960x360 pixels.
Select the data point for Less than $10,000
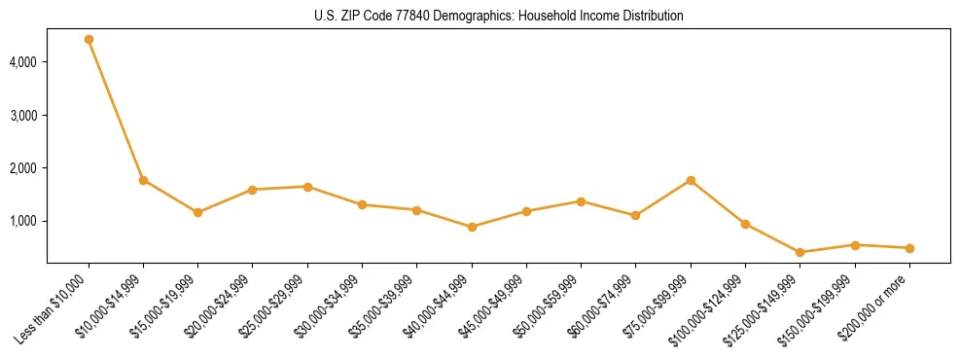click(x=89, y=40)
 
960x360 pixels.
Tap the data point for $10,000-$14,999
click(x=143, y=180)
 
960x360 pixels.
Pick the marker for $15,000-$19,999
click(x=197, y=212)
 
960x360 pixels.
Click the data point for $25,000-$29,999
click(x=307, y=187)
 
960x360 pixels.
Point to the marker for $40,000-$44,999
click(x=472, y=227)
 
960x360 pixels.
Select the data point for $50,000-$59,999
click(x=581, y=201)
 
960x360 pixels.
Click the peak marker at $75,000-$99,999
click(x=691, y=180)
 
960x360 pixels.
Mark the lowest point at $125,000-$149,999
click(x=800, y=252)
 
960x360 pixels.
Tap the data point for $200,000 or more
click(x=909, y=248)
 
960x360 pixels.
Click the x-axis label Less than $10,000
click(x=54, y=306)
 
